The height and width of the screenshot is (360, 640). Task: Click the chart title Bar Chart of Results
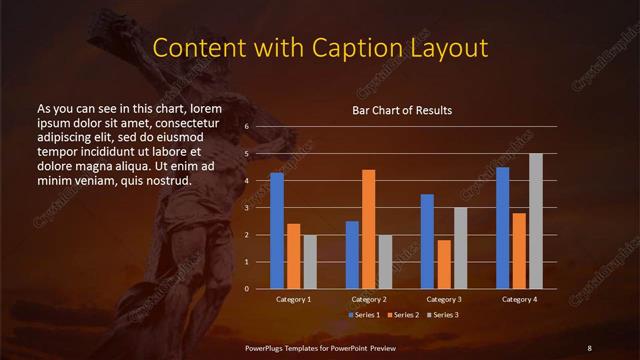(402, 110)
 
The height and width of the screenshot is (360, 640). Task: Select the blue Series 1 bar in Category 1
(277, 230)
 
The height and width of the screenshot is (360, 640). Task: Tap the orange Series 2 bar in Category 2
(368, 228)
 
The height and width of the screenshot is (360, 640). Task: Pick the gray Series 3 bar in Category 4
(536, 220)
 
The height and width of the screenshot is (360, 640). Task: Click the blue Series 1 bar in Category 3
(427, 241)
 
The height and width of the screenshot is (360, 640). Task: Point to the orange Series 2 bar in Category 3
(443, 264)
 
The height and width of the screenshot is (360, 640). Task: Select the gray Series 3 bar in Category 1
(309, 261)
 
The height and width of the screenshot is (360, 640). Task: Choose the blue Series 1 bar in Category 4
(502, 227)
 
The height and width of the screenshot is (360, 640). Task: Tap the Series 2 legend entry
(403, 315)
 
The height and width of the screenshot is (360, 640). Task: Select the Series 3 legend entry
(442, 315)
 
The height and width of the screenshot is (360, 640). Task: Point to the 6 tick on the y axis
(247, 127)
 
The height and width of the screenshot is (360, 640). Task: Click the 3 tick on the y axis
(247, 208)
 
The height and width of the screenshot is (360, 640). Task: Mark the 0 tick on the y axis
(247, 288)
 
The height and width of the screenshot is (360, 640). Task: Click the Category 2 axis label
(368, 299)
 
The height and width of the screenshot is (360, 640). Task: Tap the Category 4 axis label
(519, 299)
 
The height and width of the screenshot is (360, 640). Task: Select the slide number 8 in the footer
(589, 346)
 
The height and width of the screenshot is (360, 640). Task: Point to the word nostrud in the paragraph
(166, 180)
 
